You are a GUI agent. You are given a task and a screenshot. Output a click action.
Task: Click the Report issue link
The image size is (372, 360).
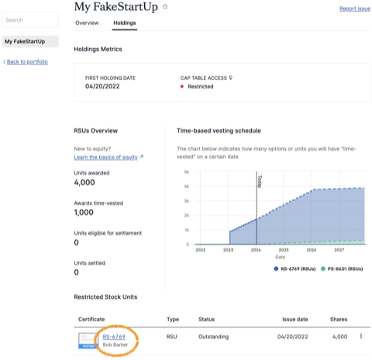(x=353, y=9)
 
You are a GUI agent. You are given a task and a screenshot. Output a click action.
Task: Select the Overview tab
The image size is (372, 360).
(x=87, y=23)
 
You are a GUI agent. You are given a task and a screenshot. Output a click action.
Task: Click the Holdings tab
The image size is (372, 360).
(x=124, y=23)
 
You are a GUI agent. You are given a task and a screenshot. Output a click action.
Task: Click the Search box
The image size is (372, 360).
(x=29, y=19)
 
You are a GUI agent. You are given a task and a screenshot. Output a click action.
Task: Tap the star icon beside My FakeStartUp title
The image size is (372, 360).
(x=164, y=7)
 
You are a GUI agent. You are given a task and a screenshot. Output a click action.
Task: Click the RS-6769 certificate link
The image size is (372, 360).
(x=114, y=336)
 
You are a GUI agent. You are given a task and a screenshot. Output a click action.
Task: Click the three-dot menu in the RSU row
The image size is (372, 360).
(x=360, y=336)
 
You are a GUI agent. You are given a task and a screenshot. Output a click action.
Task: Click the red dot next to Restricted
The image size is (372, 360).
(x=182, y=86)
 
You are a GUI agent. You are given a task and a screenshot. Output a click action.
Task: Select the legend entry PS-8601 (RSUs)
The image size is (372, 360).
(x=343, y=268)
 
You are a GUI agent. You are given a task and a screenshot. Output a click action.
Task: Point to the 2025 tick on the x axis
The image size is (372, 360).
(x=284, y=250)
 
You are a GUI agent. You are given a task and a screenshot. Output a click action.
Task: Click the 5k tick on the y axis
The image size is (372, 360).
(x=186, y=171)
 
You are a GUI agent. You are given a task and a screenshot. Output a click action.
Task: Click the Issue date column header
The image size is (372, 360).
(x=293, y=318)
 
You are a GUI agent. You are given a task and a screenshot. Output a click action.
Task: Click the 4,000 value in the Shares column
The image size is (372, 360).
(x=339, y=336)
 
